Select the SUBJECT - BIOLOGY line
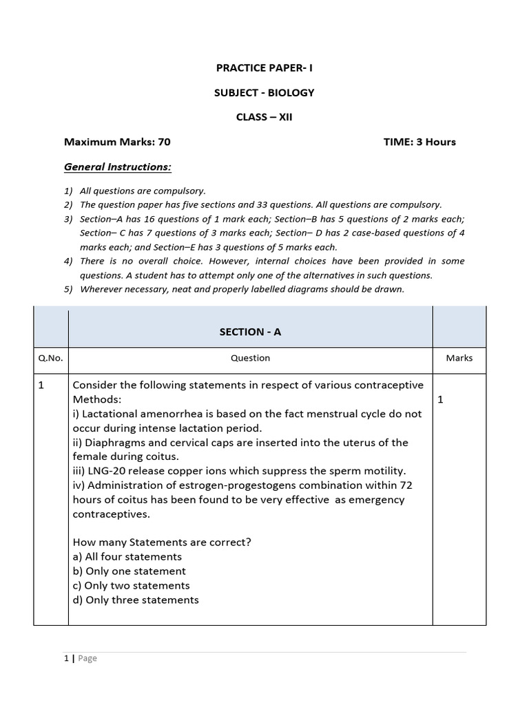click(264, 92)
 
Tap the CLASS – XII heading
click(264, 117)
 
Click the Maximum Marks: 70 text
click(117, 142)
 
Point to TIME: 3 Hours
click(419, 142)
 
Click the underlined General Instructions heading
click(118, 167)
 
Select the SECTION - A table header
click(250, 332)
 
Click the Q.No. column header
click(50, 358)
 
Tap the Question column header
click(250, 358)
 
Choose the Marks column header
click(459, 358)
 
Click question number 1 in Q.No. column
click(41, 386)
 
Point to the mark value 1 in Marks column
click(441, 400)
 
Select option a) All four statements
click(127, 556)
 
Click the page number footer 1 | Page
click(81, 658)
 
